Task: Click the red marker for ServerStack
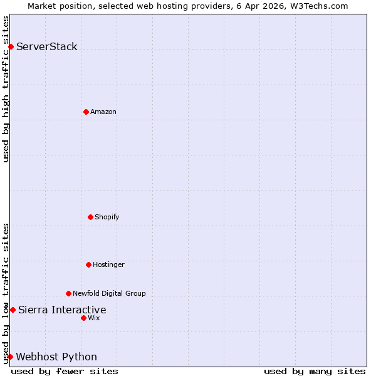click(11, 46)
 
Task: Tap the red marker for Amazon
click(86, 112)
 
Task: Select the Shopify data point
click(90, 217)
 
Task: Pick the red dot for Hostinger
click(88, 264)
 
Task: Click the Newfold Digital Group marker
click(68, 293)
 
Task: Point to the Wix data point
click(83, 318)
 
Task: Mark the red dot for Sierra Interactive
click(13, 310)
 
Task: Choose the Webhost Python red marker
click(10, 357)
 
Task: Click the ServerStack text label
click(46, 46)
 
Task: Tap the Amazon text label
click(103, 112)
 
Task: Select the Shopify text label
click(107, 217)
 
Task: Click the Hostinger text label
click(108, 264)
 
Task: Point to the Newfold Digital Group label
click(109, 293)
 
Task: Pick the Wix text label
click(93, 318)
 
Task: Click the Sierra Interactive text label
click(62, 310)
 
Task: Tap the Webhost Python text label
click(56, 357)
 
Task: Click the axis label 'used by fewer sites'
click(65, 371)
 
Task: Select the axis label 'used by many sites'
click(315, 371)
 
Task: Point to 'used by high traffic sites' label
click(6, 89)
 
